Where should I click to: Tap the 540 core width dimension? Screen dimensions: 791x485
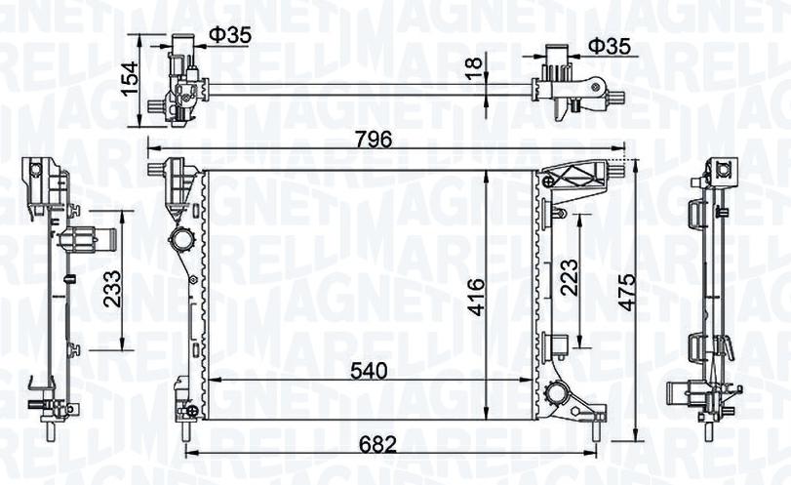pyautogui.click(x=369, y=371)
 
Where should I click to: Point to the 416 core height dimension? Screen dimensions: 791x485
pyautogui.click(x=476, y=297)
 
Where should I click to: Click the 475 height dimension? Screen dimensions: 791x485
pyautogui.click(x=627, y=292)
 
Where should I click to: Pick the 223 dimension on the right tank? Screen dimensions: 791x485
pyautogui.click(x=569, y=277)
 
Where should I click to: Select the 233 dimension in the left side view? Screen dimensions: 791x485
pyautogui.click(x=112, y=289)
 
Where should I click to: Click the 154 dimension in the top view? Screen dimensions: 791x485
pyautogui.click(x=130, y=78)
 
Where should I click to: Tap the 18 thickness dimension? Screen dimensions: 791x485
pyautogui.click(x=475, y=67)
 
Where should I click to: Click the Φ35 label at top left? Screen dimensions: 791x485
pyautogui.click(x=230, y=35)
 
